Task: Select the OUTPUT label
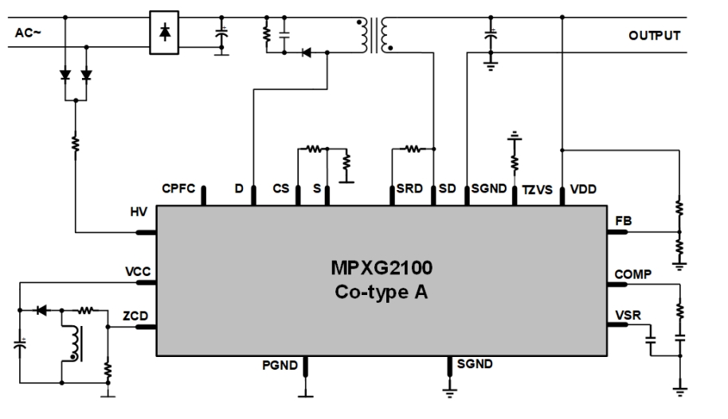coord(655,36)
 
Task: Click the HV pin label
coord(139,214)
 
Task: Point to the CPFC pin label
coord(178,189)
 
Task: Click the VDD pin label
coord(582,189)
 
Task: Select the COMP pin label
coord(633,274)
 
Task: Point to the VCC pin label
coord(138,270)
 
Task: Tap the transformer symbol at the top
coord(372,33)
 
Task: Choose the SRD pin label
coord(409,189)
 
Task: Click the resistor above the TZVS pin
coord(515,162)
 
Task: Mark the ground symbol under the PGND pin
coord(306,392)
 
